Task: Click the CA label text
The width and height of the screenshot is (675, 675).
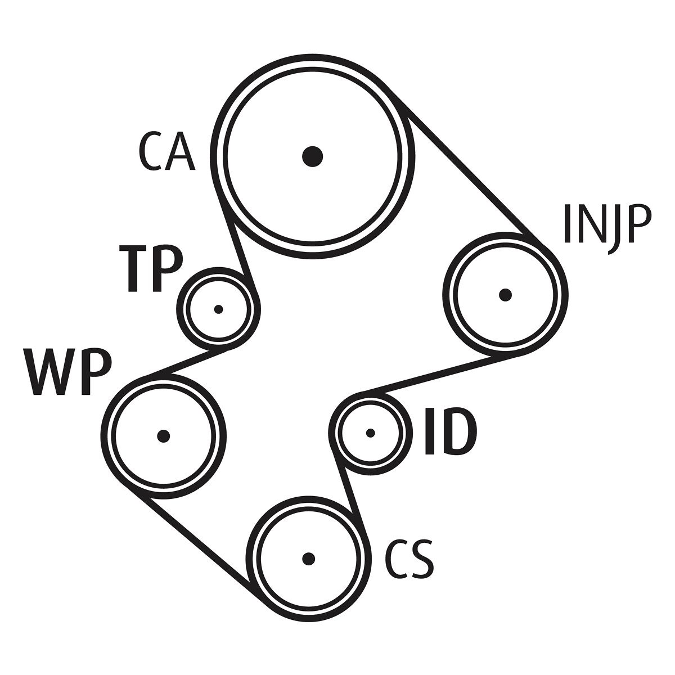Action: click(166, 152)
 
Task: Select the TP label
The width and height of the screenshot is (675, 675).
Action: click(151, 268)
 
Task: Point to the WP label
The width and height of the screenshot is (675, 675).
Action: click(67, 371)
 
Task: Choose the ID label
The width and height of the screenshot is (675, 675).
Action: click(450, 431)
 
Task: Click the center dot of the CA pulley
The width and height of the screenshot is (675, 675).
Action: click(312, 156)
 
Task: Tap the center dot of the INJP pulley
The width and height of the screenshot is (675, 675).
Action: click(505, 294)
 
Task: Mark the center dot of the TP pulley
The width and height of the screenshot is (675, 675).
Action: click(219, 309)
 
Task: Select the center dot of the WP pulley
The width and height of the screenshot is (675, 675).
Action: click(163, 435)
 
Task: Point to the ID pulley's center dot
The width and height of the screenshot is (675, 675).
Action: click(370, 433)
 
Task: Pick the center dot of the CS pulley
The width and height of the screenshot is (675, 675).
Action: click(308, 558)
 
